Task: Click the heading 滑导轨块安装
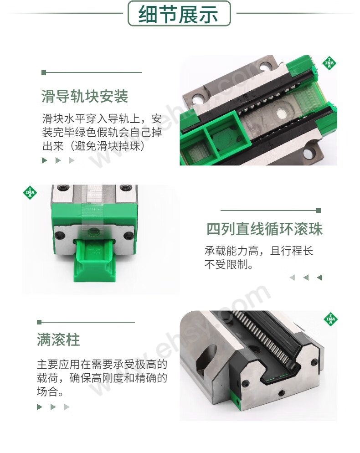pos(85,96)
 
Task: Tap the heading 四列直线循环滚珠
pos(264,229)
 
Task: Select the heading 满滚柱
pos(58,340)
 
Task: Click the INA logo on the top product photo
pos(329,63)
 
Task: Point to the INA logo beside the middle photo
pos(30,192)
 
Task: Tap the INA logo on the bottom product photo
pos(330,319)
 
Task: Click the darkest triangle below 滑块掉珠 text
pos(45,160)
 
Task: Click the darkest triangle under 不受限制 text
pos(319,278)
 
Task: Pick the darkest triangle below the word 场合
pos(40,407)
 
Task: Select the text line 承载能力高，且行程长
pos(258,251)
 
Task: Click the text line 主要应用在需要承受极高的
pos(102,364)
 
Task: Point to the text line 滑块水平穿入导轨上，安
pos(102,118)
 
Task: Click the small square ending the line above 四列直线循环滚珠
pos(319,211)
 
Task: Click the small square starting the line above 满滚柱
pos(39,322)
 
